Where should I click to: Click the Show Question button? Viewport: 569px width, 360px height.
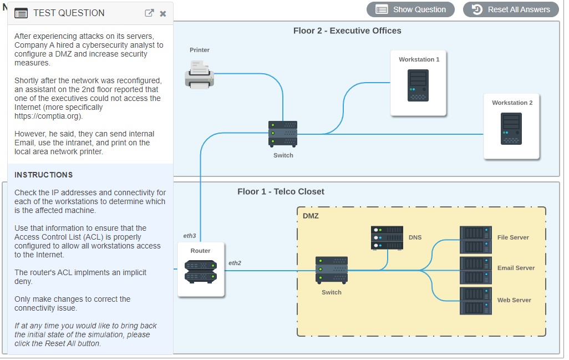tap(410, 9)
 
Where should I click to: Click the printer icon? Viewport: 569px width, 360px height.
tap(199, 75)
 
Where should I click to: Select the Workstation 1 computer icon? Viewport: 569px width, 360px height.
tap(418, 85)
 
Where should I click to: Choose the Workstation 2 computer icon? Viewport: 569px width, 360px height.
tap(511, 129)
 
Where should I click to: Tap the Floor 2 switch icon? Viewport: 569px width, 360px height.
tap(283, 134)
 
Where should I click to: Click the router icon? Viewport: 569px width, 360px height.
tap(201, 272)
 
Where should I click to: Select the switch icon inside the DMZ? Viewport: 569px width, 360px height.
tap(332, 270)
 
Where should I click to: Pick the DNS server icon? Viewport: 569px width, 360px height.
tap(387, 238)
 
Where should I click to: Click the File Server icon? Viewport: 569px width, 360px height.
tap(476, 240)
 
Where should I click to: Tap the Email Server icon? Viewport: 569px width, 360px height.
tap(476, 270)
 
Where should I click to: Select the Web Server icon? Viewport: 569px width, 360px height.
tap(476, 301)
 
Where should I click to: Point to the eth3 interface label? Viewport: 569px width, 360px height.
tap(190, 236)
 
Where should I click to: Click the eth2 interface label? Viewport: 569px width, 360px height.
tap(235, 263)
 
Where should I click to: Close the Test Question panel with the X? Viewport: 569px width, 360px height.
tap(163, 14)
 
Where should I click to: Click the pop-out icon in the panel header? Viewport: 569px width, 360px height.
tap(149, 13)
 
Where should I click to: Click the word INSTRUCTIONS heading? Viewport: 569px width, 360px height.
tap(44, 175)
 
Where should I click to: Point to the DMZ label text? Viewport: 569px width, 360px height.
tap(311, 216)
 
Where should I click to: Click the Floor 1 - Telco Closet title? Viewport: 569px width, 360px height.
tap(281, 191)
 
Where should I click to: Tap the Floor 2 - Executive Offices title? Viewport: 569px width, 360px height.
tap(347, 31)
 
